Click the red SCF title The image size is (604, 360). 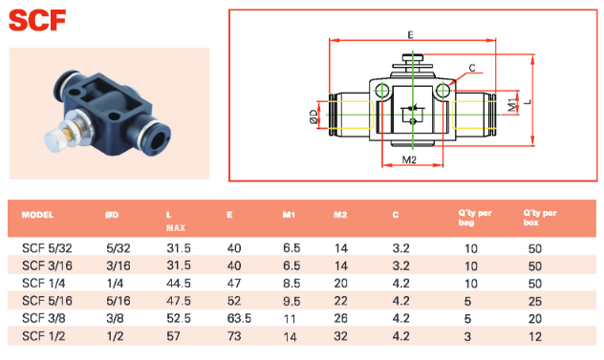[37, 21]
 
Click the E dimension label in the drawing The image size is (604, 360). [410, 35]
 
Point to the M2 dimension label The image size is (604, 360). [409, 159]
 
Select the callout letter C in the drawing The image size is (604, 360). [472, 68]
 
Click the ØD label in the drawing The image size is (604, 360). [313, 116]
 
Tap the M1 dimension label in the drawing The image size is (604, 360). [512, 105]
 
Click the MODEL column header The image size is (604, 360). [37, 215]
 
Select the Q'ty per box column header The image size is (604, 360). [540, 218]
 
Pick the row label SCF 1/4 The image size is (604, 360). [44, 284]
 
